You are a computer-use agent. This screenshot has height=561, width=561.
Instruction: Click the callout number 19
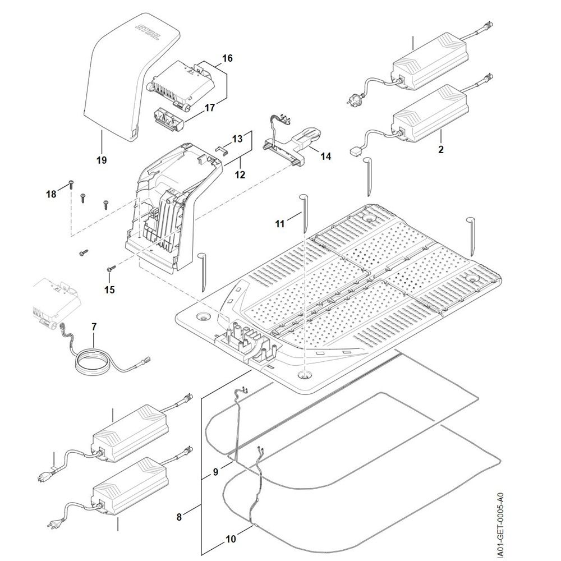click(x=101, y=160)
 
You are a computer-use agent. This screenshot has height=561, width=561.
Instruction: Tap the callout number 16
click(x=227, y=58)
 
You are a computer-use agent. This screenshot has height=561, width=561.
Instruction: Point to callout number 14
click(x=325, y=157)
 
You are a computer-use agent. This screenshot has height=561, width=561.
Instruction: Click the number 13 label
click(x=237, y=138)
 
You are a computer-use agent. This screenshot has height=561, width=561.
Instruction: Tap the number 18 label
click(x=52, y=194)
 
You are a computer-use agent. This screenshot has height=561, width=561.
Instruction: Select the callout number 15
click(x=109, y=289)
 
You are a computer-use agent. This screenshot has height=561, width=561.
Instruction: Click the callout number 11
click(x=280, y=223)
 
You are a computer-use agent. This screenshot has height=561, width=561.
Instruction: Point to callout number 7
click(x=94, y=327)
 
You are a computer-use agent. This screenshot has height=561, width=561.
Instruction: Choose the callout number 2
click(x=440, y=150)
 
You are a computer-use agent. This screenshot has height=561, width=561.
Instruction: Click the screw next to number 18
click(x=71, y=183)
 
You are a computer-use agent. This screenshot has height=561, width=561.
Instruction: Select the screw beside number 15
click(x=110, y=270)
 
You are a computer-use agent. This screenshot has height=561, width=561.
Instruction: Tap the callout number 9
click(x=215, y=472)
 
